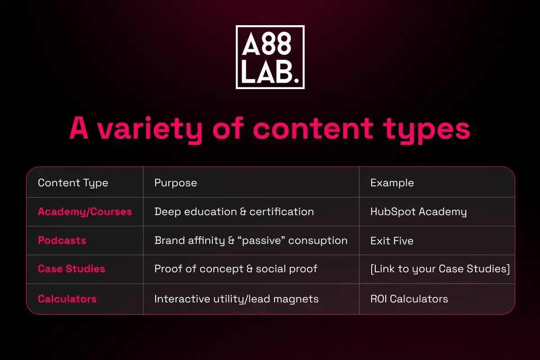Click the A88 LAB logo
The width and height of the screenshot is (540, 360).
(x=270, y=57)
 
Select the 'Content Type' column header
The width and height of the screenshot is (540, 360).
(x=73, y=183)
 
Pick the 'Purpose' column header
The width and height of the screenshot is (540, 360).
(x=175, y=183)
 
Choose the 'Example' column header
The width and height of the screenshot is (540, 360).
(x=392, y=183)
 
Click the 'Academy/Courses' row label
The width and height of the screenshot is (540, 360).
(x=85, y=211)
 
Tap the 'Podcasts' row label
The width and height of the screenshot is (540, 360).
(x=62, y=240)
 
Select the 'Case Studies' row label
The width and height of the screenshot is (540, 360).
(x=71, y=269)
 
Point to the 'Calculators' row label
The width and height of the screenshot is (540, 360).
(x=67, y=299)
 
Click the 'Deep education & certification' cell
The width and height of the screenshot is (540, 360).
(x=234, y=211)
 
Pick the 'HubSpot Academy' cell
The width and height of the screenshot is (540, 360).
(x=418, y=211)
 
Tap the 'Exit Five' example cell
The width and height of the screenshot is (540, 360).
(x=391, y=241)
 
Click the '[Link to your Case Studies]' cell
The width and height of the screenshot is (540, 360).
(x=440, y=269)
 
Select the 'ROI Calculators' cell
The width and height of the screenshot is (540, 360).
(x=409, y=299)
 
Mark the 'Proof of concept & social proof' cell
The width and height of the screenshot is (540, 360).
(x=236, y=269)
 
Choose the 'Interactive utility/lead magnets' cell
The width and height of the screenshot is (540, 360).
(x=236, y=299)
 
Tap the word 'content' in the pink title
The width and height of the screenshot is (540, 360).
(x=313, y=130)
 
